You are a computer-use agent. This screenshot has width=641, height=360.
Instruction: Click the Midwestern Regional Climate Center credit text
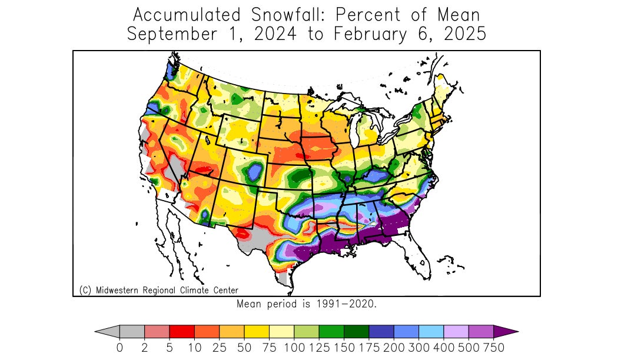tap(158, 290)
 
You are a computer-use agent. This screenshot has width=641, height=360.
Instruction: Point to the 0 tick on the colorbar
tap(119, 348)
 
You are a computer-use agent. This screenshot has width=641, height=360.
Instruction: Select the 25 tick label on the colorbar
tap(219, 348)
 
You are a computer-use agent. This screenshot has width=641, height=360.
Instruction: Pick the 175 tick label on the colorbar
tap(368, 348)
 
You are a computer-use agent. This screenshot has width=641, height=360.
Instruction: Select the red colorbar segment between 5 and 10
tap(182, 332)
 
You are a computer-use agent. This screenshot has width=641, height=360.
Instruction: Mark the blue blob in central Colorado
tap(254, 172)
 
